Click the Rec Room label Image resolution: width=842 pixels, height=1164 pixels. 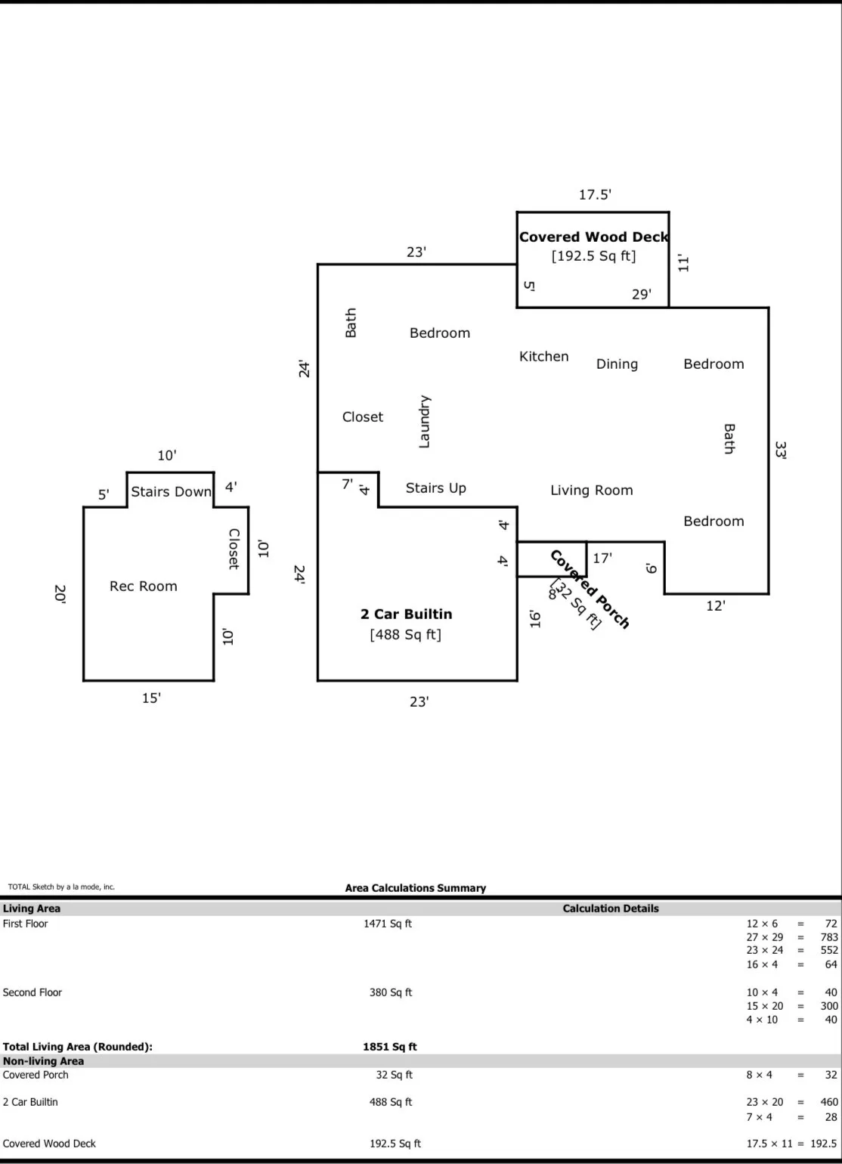pyautogui.click(x=144, y=587)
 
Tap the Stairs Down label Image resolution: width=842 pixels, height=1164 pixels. pyautogui.click(x=171, y=492)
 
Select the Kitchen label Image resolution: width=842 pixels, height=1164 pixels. pyautogui.click(x=543, y=357)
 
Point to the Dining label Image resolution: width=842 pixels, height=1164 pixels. pyautogui.click(x=617, y=364)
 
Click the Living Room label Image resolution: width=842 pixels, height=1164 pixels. pyautogui.click(x=591, y=491)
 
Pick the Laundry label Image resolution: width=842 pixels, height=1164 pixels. pyautogui.click(x=424, y=422)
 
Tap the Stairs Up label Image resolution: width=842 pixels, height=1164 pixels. pyautogui.click(x=435, y=488)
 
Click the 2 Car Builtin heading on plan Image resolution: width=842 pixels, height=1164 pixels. pyautogui.click(x=406, y=614)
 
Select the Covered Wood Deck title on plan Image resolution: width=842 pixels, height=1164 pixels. pyautogui.click(x=593, y=237)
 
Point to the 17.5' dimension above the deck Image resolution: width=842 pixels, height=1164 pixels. pyautogui.click(x=595, y=195)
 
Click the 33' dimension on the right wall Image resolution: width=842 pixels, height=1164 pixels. pyautogui.click(x=781, y=450)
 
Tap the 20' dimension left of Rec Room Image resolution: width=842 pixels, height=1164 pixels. pyautogui.click(x=60, y=594)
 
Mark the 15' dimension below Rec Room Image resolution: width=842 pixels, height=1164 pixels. pyautogui.click(x=151, y=698)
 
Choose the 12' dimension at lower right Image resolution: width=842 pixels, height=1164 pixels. pyautogui.click(x=715, y=606)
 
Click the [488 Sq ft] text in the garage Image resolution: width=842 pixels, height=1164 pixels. pyautogui.click(x=405, y=635)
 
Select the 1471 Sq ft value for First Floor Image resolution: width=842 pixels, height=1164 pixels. pyautogui.click(x=388, y=924)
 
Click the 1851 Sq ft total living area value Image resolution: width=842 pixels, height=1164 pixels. pyautogui.click(x=389, y=1047)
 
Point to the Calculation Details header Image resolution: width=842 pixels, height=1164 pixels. pyautogui.click(x=611, y=909)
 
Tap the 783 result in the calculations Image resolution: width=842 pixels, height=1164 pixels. pyautogui.click(x=829, y=937)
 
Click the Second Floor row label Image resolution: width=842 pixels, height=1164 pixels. pyautogui.click(x=33, y=992)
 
